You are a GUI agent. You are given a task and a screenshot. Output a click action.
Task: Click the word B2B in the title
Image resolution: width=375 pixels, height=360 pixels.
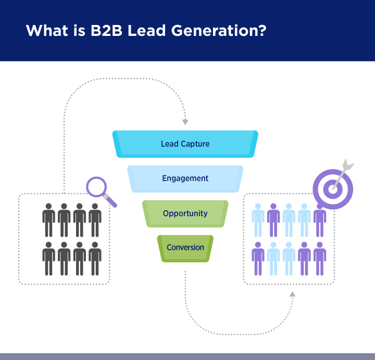click(x=106, y=31)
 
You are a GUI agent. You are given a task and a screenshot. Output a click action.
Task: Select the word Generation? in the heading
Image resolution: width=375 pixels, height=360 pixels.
click(x=219, y=31)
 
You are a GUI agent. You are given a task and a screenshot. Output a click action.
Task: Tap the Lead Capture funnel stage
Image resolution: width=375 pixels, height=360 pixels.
click(x=185, y=144)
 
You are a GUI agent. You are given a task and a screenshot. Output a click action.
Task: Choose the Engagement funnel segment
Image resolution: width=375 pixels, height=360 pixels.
click(x=185, y=178)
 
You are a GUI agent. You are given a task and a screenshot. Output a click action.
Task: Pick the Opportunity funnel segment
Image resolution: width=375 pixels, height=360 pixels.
click(x=185, y=214)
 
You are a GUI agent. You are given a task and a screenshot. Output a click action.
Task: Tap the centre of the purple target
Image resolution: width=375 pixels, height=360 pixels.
click(x=333, y=189)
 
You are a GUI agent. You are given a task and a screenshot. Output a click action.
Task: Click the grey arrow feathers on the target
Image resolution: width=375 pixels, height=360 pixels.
click(x=348, y=164)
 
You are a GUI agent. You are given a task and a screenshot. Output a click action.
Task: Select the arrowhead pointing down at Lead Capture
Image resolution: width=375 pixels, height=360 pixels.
click(x=185, y=122)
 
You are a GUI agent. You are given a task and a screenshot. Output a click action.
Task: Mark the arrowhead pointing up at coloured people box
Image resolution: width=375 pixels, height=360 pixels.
click(x=292, y=294)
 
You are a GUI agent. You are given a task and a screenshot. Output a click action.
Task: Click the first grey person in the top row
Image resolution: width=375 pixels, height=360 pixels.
click(x=49, y=220)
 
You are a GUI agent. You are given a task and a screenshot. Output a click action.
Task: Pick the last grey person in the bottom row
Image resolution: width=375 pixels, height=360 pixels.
click(x=95, y=259)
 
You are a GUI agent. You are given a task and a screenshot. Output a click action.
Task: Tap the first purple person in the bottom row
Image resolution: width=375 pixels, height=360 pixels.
click(x=258, y=259)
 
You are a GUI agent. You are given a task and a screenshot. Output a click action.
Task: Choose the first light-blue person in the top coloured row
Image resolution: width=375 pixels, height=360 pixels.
click(x=258, y=220)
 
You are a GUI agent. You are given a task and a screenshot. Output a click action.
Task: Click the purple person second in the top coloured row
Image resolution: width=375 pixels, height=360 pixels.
click(x=273, y=220)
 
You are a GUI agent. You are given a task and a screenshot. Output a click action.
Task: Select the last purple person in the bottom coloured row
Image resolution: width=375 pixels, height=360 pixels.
click(x=320, y=259)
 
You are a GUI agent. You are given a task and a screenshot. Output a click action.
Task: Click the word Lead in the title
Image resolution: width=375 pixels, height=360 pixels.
click(x=146, y=31)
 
